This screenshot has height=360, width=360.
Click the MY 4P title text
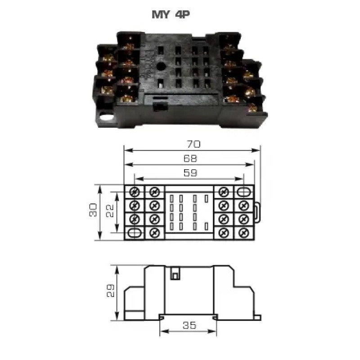coord(171,14)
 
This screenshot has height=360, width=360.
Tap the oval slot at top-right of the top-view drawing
coord(243,191)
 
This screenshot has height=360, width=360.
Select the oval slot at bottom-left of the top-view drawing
coord(135,233)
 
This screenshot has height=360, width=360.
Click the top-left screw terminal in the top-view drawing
coord(134,192)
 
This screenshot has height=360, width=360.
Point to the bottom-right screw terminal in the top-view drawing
coord(243,233)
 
